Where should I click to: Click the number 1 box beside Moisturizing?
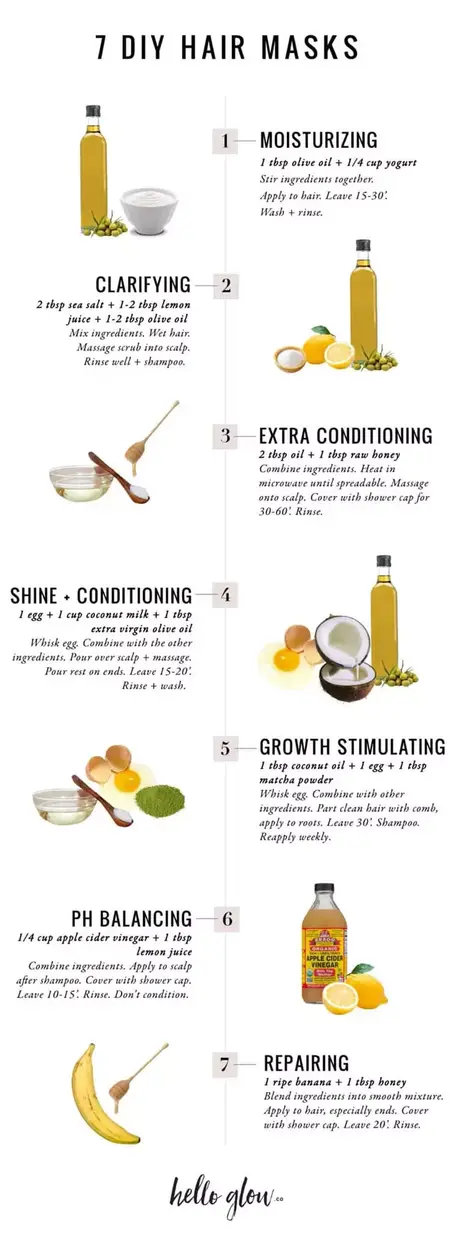(x=225, y=140)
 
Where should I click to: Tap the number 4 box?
(x=225, y=596)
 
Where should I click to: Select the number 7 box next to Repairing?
(x=225, y=1063)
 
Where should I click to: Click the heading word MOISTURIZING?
(x=318, y=140)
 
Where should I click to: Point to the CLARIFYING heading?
(x=143, y=285)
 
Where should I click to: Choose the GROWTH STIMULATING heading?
(x=352, y=747)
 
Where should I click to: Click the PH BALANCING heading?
(x=131, y=918)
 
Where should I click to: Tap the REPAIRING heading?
(x=306, y=1063)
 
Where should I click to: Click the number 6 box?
(x=225, y=918)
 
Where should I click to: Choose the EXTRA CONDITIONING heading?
(x=345, y=436)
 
